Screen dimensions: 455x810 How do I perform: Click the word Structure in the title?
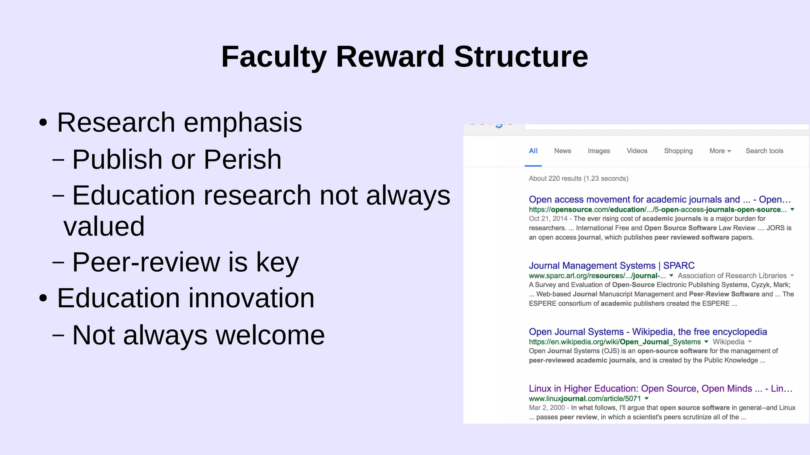point(521,57)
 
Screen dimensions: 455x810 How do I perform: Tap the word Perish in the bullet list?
point(242,160)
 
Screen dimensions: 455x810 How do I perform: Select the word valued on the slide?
point(104,226)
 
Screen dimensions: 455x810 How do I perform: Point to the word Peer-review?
point(146,262)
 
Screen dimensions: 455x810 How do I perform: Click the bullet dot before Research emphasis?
point(43,122)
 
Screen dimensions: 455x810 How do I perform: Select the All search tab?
point(533,151)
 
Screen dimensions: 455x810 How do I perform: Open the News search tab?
point(562,151)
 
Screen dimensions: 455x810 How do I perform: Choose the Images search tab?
point(599,151)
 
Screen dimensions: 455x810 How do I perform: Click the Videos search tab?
point(637,151)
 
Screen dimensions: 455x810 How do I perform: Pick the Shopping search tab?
point(678,151)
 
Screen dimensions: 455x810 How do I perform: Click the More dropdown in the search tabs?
point(720,151)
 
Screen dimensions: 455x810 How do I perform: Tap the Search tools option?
point(764,151)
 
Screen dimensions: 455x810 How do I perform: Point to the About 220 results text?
point(578,179)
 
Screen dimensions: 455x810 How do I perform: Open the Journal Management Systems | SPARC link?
point(611,265)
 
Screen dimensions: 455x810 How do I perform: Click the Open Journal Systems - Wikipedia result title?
point(647,332)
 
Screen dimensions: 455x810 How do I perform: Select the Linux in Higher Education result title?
point(660,389)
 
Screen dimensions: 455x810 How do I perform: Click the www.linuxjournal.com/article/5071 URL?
point(585,399)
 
